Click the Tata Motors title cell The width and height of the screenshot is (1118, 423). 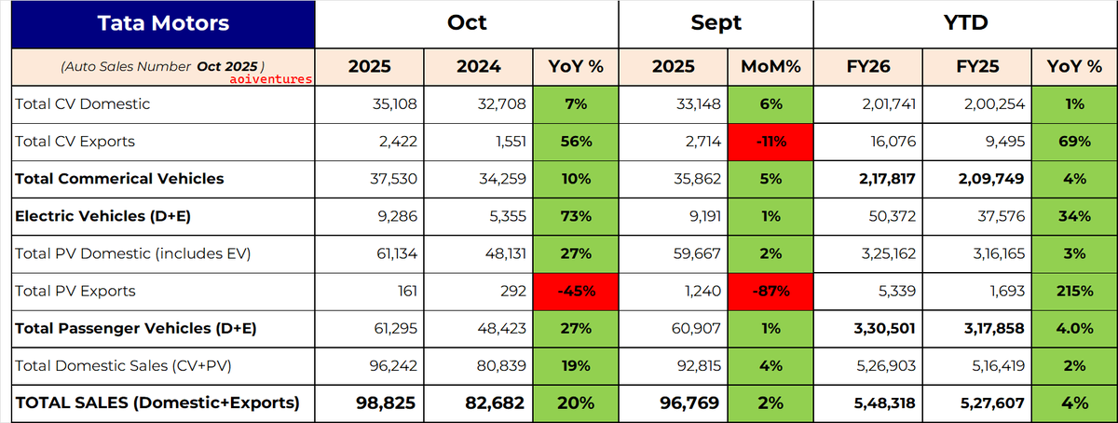pyautogui.click(x=163, y=24)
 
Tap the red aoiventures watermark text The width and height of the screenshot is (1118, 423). pyautogui.click(x=270, y=79)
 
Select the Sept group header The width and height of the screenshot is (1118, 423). pyautogui.click(x=716, y=23)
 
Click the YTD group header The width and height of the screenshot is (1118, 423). pyautogui.click(x=965, y=23)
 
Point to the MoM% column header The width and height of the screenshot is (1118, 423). pyautogui.click(x=770, y=66)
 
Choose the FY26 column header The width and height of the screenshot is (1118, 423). pyautogui.click(x=868, y=66)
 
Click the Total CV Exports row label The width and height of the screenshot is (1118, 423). pyautogui.click(x=75, y=142)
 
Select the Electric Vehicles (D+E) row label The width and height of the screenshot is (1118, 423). pyautogui.click(x=102, y=216)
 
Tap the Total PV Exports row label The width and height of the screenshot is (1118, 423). pyautogui.click(x=75, y=291)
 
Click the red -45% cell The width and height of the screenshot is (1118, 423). pyautogui.click(x=576, y=292)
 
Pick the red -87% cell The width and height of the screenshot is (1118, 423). pyautogui.click(x=770, y=292)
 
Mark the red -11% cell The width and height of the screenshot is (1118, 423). pyautogui.click(x=770, y=143)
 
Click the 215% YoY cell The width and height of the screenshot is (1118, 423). pyautogui.click(x=1074, y=292)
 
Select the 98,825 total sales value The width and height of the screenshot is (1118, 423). pyautogui.click(x=386, y=403)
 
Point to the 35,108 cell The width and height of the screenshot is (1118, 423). pyautogui.click(x=394, y=103)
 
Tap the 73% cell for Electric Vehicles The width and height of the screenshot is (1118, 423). pyautogui.click(x=576, y=217)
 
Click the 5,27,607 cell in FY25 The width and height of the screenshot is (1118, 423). pyautogui.click(x=992, y=403)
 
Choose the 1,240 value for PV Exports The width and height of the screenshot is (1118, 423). pyautogui.click(x=702, y=291)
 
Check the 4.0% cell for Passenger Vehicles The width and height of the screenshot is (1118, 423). pyautogui.click(x=1074, y=329)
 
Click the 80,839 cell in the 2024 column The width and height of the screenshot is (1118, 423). pyautogui.click(x=501, y=366)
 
